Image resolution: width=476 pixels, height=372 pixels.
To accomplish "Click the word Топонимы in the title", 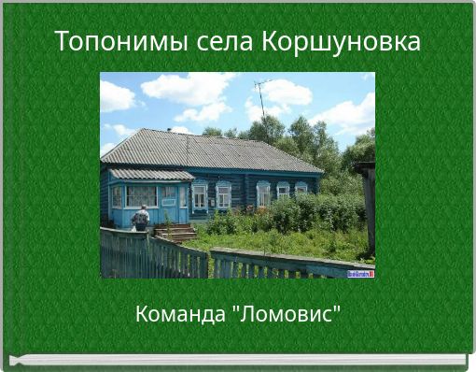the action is (121, 41).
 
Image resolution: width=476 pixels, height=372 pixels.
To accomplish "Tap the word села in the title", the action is (224, 42).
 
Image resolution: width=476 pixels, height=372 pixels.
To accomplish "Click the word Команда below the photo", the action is (180, 314).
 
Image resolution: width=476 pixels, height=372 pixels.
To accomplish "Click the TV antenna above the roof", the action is (261, 96).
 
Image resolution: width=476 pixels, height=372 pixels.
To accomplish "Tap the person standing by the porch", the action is (141, 218).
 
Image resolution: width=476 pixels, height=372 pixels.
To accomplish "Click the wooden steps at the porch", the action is (175, 232).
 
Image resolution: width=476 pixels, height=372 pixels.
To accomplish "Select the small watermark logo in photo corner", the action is (360, 274).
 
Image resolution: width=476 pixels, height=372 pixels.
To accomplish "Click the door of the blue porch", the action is (169, 204).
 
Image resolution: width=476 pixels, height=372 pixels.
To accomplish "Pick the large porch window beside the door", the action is (142, 196).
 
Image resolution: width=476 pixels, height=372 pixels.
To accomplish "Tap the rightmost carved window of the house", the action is (301, 188).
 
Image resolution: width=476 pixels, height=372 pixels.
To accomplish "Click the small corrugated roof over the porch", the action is (151, 175).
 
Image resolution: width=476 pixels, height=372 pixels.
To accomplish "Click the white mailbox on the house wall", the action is (213, 203).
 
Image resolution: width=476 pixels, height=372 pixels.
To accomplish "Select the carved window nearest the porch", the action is (200, 196).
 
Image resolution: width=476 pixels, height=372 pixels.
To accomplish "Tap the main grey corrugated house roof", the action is (212, 151).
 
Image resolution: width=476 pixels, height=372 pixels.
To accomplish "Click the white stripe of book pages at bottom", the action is (238, 360).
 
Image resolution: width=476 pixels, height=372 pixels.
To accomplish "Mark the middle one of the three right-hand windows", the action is (283, 191).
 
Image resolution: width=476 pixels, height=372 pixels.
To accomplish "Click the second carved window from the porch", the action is (223, 195).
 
